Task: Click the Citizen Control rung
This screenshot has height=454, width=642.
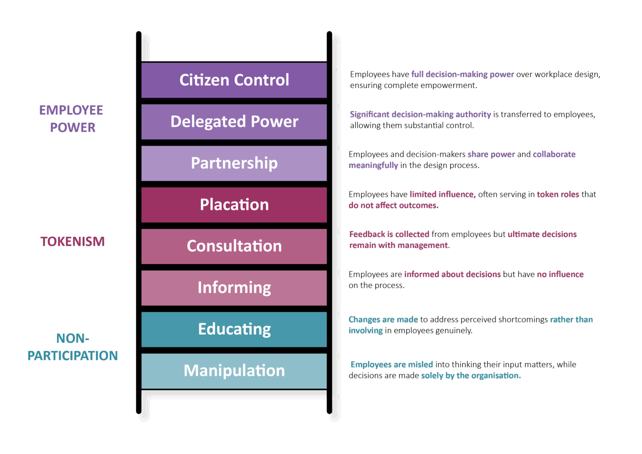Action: [234, 80]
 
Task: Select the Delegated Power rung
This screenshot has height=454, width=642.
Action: [234, 122]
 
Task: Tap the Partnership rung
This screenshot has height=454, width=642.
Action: [234, 163]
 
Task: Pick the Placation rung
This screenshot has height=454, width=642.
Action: [234, 205]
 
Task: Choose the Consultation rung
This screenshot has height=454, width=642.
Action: [234, 246]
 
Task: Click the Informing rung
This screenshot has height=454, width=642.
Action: [234, 288]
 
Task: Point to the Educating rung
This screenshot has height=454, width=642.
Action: [234, 329]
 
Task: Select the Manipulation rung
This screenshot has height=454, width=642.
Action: [234, 371]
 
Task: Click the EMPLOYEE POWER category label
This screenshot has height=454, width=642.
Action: [72, 119]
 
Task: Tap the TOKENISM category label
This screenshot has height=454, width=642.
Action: [72, 242]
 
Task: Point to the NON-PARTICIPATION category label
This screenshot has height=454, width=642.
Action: [72, 347]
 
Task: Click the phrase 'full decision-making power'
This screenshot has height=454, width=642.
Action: [462, 74]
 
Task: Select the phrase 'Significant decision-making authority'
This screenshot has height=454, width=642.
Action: [420, 115]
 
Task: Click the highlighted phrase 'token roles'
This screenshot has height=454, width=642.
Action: [558, 194]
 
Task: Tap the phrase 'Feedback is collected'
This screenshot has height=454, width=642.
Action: [389, 234]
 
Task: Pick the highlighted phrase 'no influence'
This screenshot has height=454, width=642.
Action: [560, 274]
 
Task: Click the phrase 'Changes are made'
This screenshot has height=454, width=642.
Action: [383, 319]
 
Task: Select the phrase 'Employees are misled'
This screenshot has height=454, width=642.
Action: [392, 365]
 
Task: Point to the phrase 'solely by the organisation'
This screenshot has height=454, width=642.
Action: [471, 375]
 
